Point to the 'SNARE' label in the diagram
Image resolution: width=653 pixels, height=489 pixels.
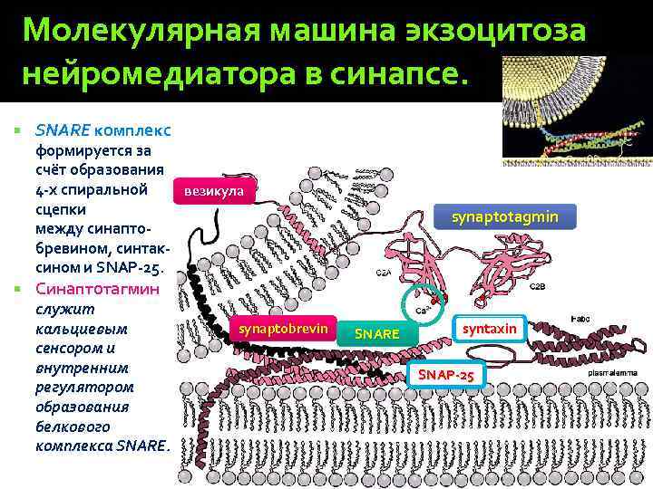377,334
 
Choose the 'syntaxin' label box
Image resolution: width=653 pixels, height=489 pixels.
490,328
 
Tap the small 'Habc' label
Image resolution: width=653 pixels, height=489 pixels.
578,318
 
